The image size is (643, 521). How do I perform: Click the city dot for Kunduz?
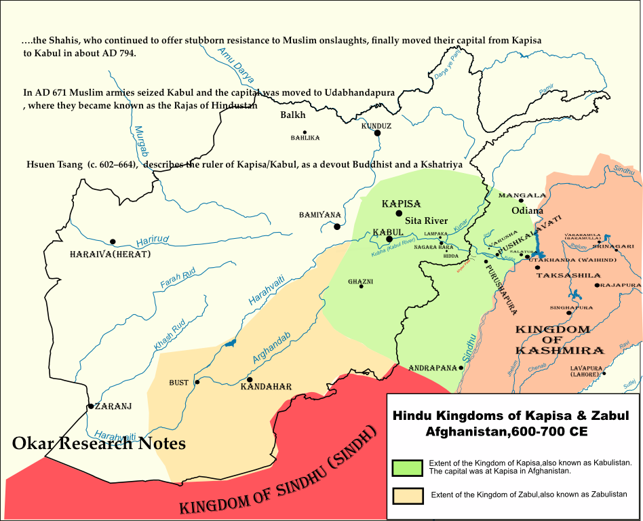(x=377, y=133)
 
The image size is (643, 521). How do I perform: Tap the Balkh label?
(x=293, y=115)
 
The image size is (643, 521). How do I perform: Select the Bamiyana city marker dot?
(x=337, y=226)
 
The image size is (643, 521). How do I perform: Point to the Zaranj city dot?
(x=90, y=406)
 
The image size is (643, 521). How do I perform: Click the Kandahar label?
(x=266, y=387)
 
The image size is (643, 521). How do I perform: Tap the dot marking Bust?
(x=197, y=382)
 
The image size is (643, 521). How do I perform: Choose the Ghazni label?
(x=360, y=281)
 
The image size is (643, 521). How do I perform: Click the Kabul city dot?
(x=389, y=239)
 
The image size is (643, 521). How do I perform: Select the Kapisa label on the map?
(x=401, y=204)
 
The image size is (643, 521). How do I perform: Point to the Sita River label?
(x=426, y=220)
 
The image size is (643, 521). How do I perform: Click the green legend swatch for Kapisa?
(x=407, y=467)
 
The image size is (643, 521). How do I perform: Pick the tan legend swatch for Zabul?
(x=407, y=496)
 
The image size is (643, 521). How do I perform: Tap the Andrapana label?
(x=432, y=368)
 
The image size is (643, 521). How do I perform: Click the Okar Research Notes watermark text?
(x=98, y=444)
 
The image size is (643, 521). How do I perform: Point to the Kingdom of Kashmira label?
(x=560, y=340)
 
